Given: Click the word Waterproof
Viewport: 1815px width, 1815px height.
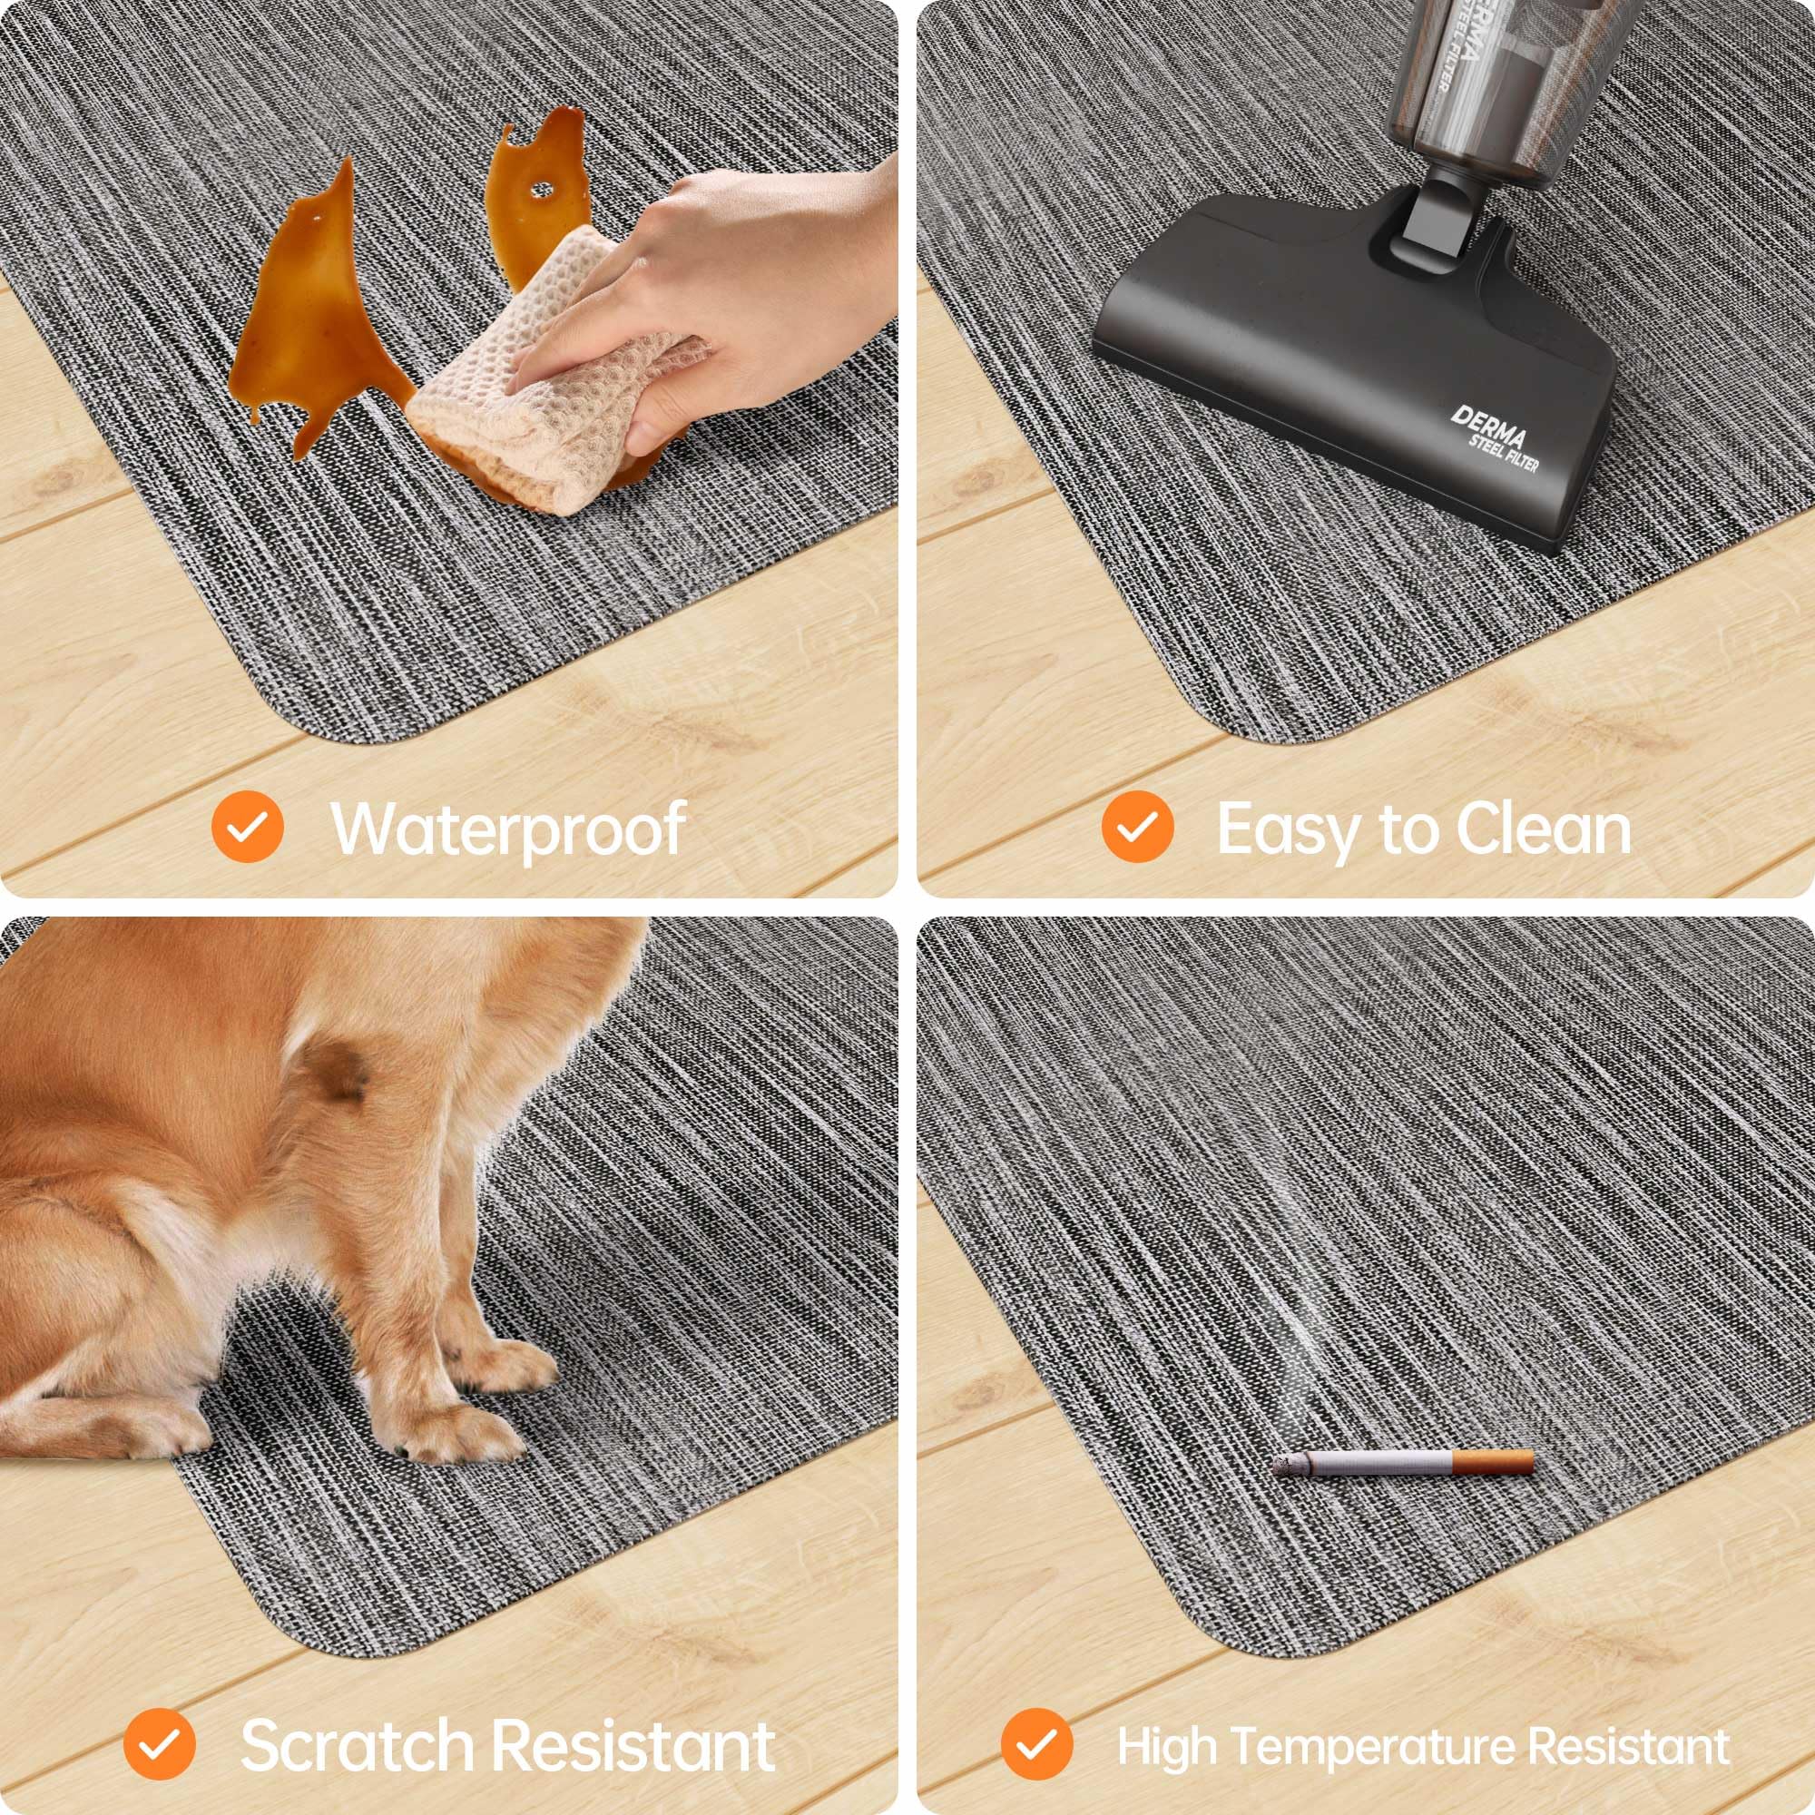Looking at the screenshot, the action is point(508,829).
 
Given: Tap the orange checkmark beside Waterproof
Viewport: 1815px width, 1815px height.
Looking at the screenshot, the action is point(247,827).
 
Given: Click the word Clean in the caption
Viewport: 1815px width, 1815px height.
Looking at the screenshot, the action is point(1545,829).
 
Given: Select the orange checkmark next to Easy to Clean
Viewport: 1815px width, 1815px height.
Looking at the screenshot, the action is point(1137,827).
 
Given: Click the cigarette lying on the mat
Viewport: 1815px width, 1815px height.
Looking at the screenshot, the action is point(1404,1463).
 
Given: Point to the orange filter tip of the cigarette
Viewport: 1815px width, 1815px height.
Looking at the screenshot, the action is point(1493,1463).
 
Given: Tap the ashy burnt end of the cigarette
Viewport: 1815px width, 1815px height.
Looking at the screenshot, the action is point(1288,1463).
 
